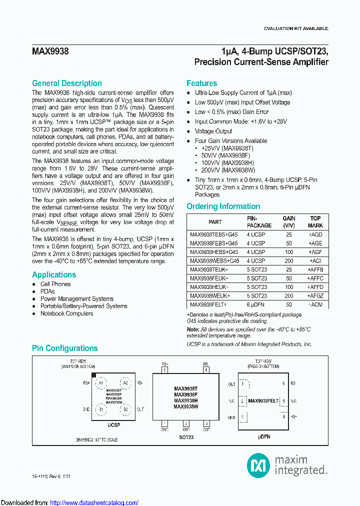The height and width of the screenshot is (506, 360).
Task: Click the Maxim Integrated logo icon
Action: click(258, 466)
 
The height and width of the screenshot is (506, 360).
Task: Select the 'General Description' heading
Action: click(67, 83)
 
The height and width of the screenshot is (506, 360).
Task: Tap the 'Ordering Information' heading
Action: click(223, 206)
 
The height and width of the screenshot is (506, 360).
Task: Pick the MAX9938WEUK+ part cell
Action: click(210, 296)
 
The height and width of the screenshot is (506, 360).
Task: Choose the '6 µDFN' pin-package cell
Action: click(255, 304)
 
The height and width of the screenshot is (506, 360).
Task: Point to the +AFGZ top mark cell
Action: click(315, 296)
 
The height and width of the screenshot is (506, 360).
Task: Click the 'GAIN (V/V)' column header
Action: click(288, 221)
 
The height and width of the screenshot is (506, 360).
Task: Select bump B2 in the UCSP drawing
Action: click(125, 410)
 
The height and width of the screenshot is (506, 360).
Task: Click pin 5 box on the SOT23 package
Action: click(164, 370)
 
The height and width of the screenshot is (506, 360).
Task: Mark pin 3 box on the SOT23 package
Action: click(205, 423)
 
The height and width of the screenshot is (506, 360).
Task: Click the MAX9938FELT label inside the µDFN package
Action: click(263, 401)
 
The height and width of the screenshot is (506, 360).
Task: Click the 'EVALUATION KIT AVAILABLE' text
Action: click(295, 28)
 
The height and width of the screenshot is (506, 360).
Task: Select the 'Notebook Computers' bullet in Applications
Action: click(66, 313)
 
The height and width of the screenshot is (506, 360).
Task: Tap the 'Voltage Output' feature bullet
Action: click(213, 131)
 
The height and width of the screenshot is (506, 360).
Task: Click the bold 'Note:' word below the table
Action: click(193, 329)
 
